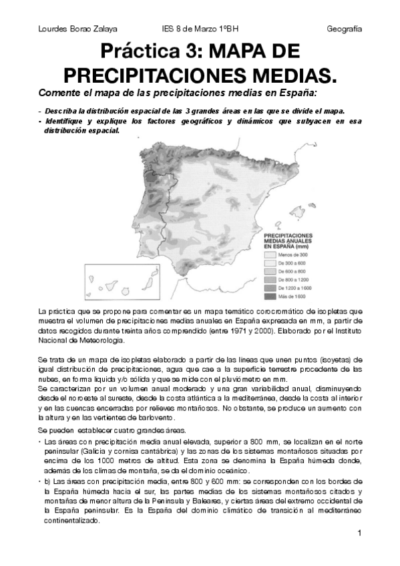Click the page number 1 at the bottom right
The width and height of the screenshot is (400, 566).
point(359,533)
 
